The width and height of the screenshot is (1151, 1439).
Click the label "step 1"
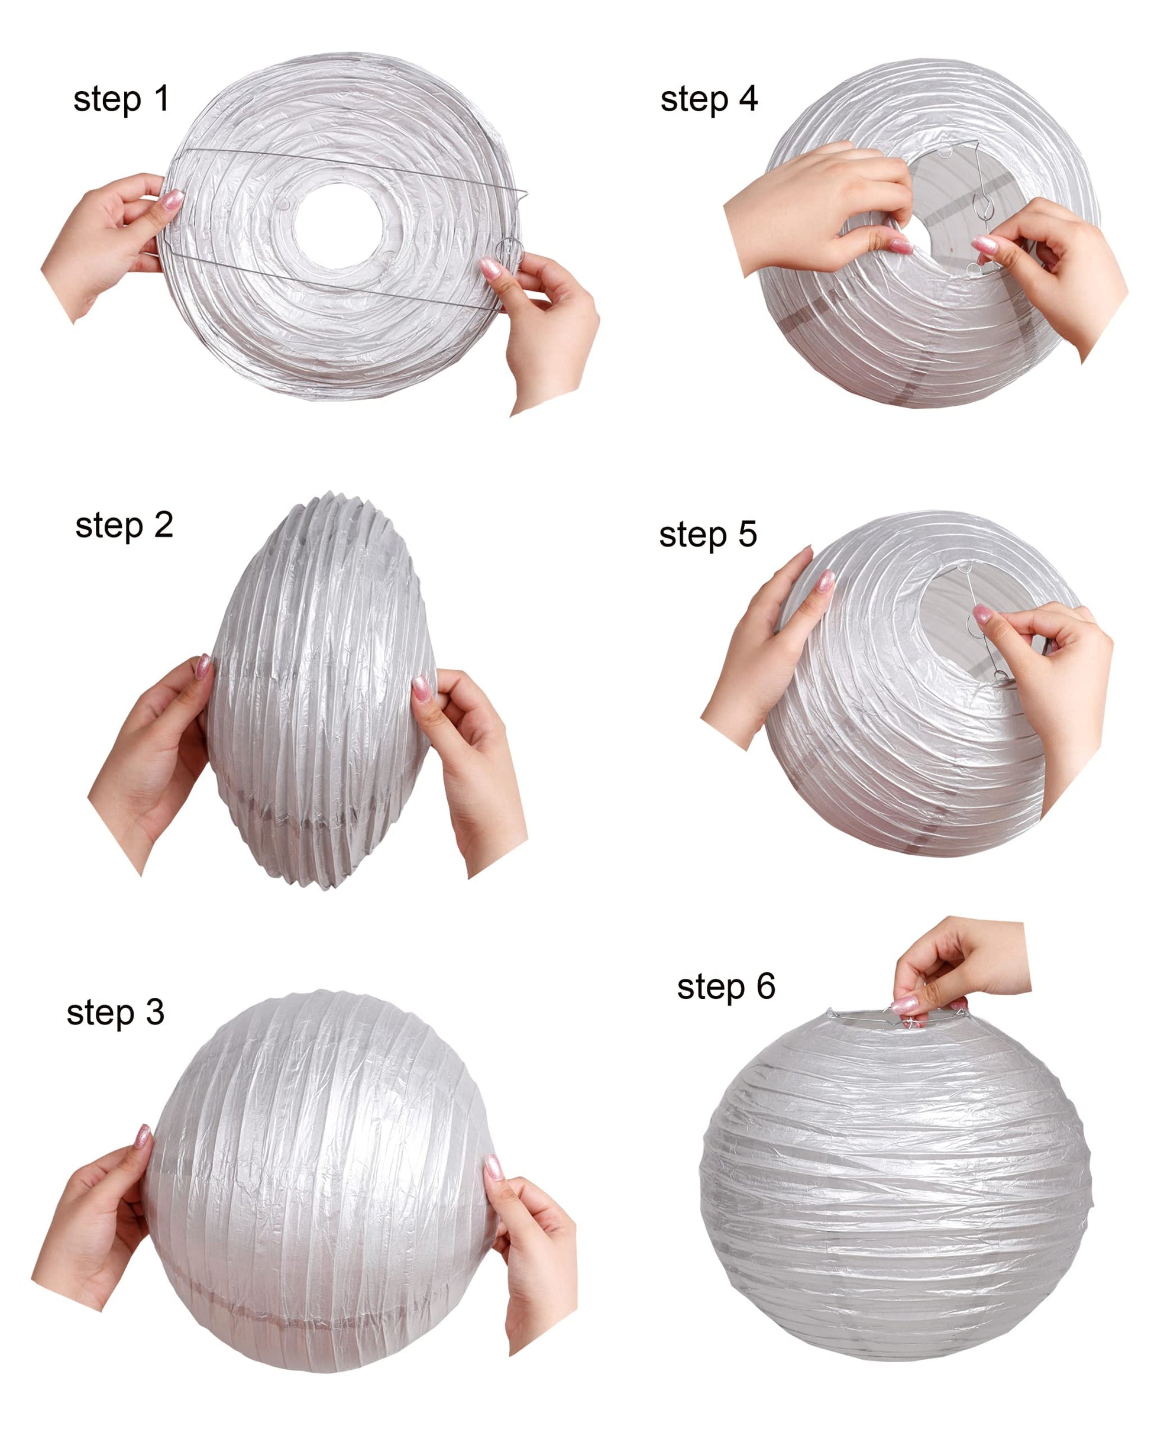click(x=121, y=99)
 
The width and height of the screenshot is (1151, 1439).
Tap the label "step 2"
click(x=124, y=525)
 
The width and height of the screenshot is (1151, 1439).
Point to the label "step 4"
click(x=709, y=99)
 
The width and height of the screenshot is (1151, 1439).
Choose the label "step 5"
click(x=707, y=535)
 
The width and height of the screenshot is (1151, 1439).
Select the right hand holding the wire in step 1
click(x=544, y=327)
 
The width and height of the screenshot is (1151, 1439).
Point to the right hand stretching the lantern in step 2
click(x=467, y=768)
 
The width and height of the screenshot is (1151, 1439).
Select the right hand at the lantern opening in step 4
click(x=1055, y=267)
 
